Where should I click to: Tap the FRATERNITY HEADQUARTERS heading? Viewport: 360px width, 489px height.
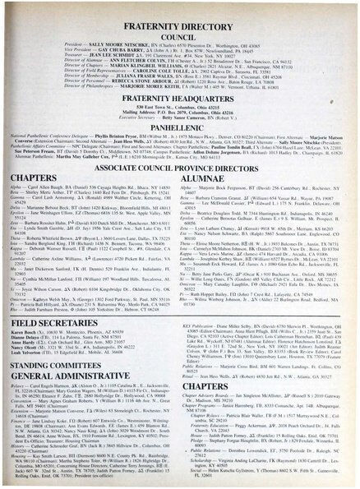[179, 110]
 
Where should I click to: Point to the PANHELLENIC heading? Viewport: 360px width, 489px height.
[179, 141]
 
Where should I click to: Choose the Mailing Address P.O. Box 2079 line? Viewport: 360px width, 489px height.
[179, 124]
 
